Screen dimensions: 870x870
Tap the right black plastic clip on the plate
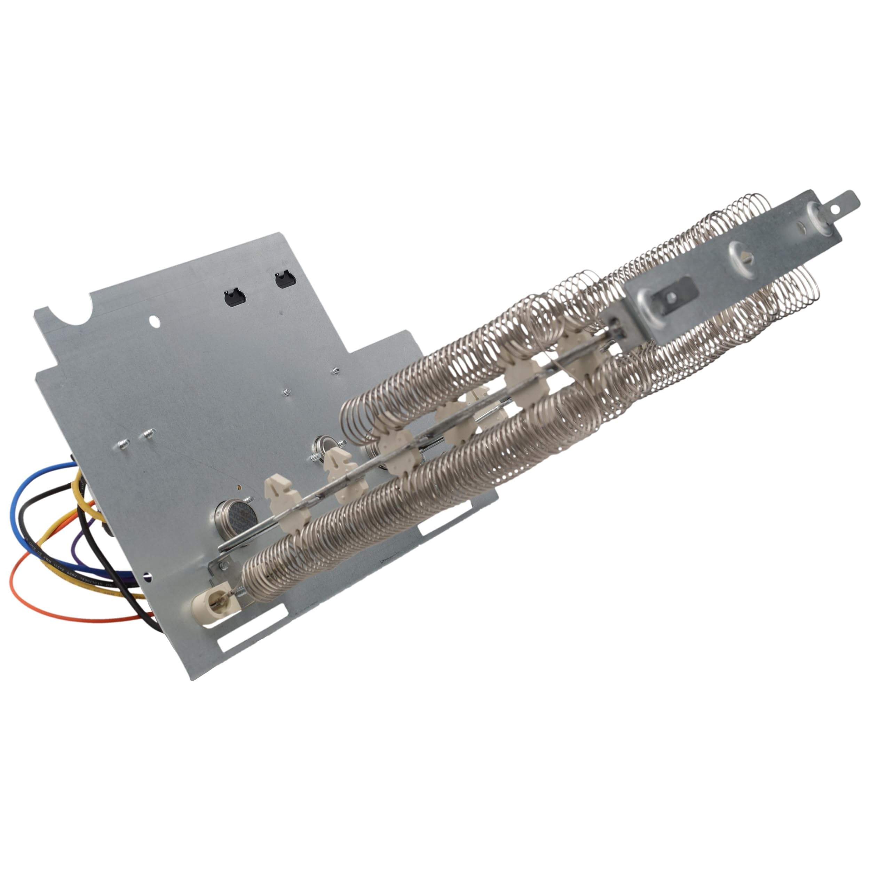[x=285, y=280]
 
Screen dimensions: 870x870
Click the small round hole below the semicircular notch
[x=154, y=322]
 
